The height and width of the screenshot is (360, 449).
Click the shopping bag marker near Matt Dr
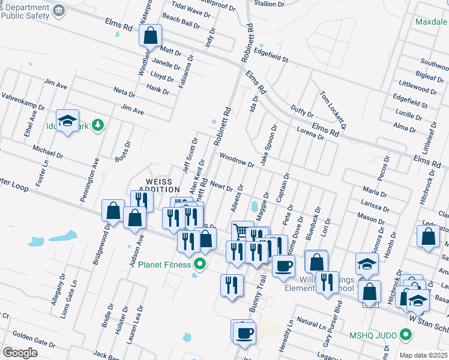pos(150,35)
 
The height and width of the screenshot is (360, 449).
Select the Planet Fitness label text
pos(164,264)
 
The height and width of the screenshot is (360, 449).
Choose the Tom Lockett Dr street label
pos(334,110)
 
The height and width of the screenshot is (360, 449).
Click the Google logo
pos(20,353)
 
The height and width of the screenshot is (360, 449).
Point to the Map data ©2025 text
pos(423,355)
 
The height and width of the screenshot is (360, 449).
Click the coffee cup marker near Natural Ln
pos(244,333)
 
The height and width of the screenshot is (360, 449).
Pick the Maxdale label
pos(431,22)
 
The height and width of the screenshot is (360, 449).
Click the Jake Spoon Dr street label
pos(267,146)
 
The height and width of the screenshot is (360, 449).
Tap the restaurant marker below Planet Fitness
pos(231,285)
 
